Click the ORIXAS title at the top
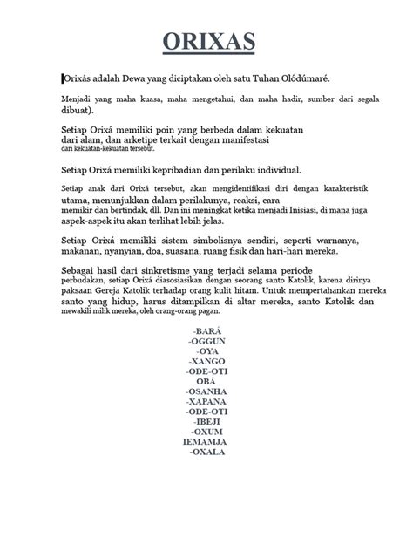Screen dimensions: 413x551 [206, 41]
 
